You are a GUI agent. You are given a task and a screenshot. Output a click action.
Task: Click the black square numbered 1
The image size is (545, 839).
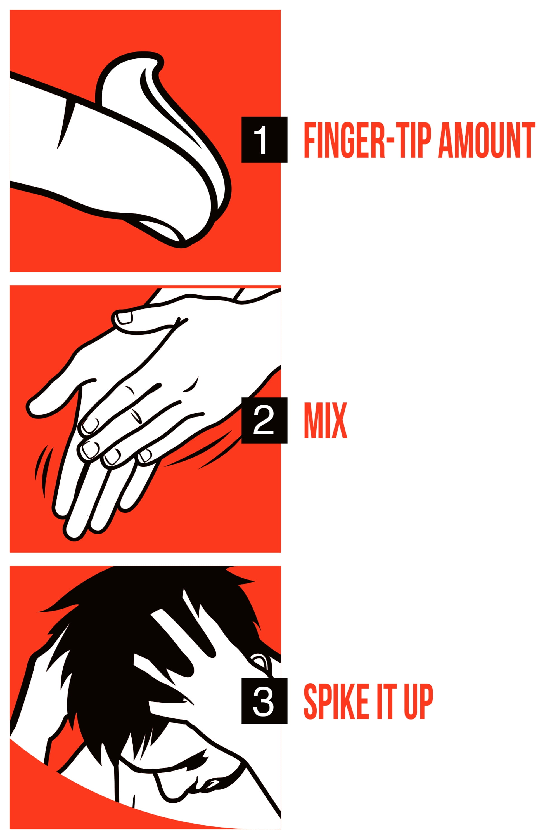click(264, 140)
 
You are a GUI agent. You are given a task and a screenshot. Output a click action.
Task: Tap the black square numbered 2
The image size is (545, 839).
click(264, 420)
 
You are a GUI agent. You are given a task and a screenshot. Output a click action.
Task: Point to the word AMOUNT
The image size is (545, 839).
click(487, 140)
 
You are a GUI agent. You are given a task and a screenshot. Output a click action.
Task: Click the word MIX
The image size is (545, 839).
click(326, 420)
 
